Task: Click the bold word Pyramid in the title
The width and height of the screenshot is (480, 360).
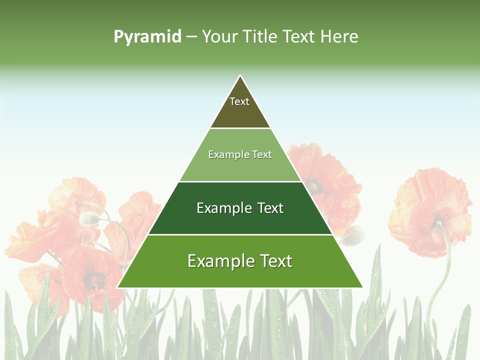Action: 147,37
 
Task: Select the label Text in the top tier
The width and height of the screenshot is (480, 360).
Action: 239,101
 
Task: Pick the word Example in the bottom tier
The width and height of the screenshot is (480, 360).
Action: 215,261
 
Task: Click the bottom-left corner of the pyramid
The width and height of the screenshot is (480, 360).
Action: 118,287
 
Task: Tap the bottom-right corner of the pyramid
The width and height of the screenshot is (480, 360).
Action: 362,287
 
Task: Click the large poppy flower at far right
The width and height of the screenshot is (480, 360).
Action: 430,210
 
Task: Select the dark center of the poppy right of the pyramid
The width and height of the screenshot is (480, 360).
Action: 314,186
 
